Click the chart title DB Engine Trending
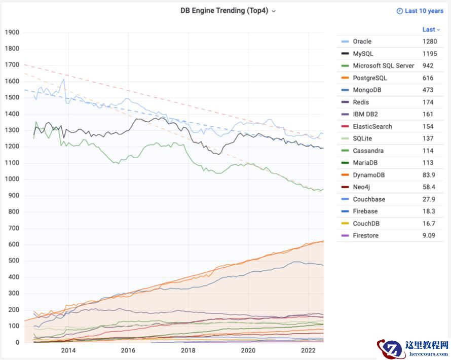pyautogui.click(x=224, y=11)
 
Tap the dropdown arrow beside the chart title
pyautogui.click(x=274, y=11)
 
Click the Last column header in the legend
pyautogui.click(x=431, y=29)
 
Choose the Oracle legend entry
pyautogui.click(x=362, y=42)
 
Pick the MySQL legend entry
pyautogui.click(x=363, y=54)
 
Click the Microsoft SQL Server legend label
pyautogui.click(x=383, y=66)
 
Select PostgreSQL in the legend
pyautogui.click(x=369, y=78)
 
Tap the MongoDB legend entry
pyautogui.click(x=367, y=90)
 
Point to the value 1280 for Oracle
pyautogui.click(x=430, y=42)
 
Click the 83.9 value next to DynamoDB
pyautogui.click(x=429, y=175)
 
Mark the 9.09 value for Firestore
pyautogui.click(x=429, y=235)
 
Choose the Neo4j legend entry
pyautogui.click(x=362, y=187)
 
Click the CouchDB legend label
pyautogui.click(x=366, y=224)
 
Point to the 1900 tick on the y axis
pyautogui.click(x=12, y=32)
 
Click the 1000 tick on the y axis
pyautogui.click(x=12, y=179)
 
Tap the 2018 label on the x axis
pyautogui.click(x=188, y=350)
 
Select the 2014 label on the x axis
pyautogui.click(x=68, y=350)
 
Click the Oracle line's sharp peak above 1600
pyautogui.click(x=64, y=79)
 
